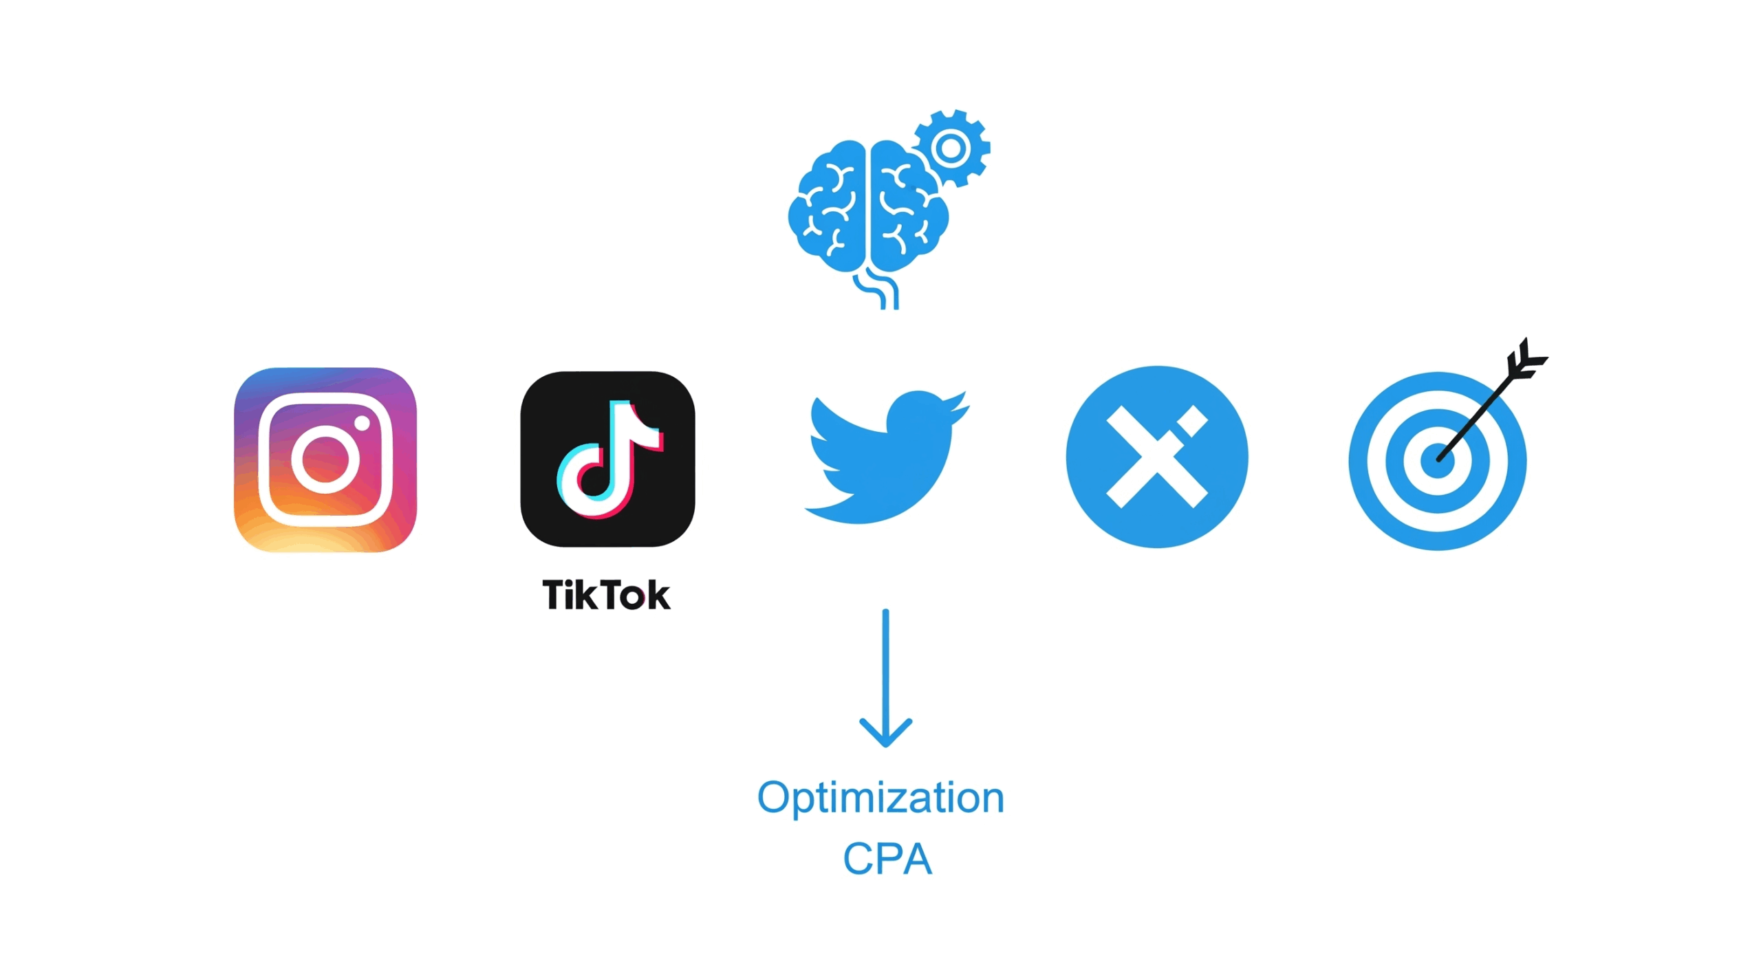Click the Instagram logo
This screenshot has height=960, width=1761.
(x=325, y=459)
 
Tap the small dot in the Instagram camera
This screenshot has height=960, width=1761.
(x=362, y=423)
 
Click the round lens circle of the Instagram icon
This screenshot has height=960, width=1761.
(x=325, y=459)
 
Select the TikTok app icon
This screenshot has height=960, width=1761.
(x=607, y=459)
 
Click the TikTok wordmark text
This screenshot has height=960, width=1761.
(x=605, y=595)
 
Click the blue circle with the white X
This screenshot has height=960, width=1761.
(x=1156, y=457)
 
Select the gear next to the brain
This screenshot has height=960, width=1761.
(x=951, y=148)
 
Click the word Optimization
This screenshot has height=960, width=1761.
(x=880, y=798)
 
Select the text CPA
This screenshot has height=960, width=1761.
(x=887, y=859)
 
